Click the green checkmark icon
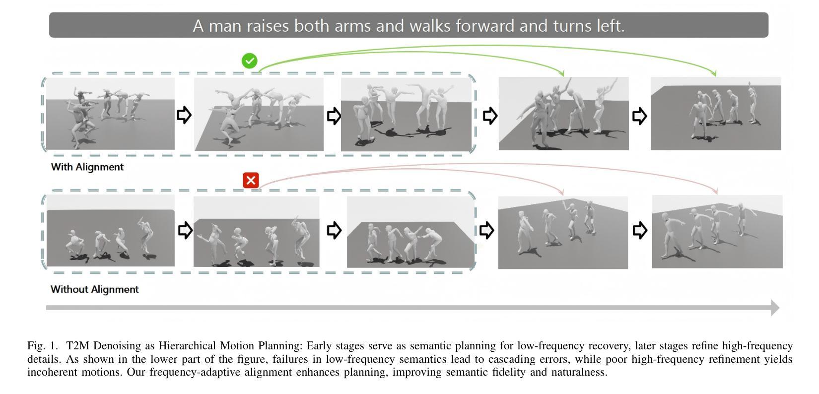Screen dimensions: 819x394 click(x=249, y=61)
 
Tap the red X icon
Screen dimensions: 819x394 click(x=251, y=180)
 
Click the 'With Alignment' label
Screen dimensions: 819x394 click(x=87, y=167)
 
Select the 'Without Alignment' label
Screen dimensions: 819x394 click(x=95, y=289)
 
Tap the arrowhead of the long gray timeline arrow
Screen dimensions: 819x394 click(x=775, y=308)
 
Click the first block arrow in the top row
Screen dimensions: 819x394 click(x=184, y=115)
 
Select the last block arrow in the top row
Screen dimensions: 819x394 click(x=639, y=116)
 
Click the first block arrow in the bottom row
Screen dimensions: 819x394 click(x=185, y=230)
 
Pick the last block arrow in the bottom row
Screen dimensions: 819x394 click(x=639, y=230)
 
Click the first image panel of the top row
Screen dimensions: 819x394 click(x=110, y=114)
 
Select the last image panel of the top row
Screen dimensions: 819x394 click(x=715, y=114)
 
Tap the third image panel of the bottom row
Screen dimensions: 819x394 click(x=410, y=232)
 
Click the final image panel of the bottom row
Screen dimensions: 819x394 click(x=717, y=232)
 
